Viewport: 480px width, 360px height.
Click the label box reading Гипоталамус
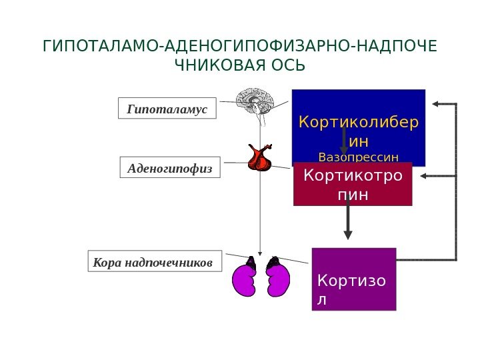point(167,108)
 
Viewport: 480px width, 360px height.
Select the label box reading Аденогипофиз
point(169,169)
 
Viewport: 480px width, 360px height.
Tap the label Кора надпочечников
point(153,262)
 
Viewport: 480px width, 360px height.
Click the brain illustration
point(255,102)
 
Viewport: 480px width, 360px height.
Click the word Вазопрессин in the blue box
point(359,157)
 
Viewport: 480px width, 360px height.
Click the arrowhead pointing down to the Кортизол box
point(347,234)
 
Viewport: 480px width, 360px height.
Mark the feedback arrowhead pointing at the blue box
point(435,104)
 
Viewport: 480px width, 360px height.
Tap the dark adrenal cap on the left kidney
point(251,261)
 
